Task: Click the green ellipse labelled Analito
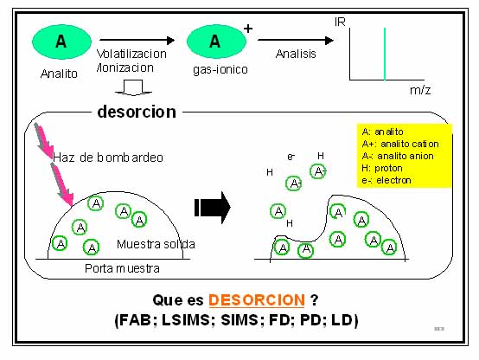(x=61, y=42)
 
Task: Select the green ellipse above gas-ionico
(x=216, y=42)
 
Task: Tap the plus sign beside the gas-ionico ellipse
(x=248, y=29)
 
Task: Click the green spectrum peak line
(x=385, y=54)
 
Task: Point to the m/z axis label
(x=420, y=90)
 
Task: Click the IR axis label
(x=340, y=22)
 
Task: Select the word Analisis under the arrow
(x=296, y=54)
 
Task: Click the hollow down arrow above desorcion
(x=133, y=87)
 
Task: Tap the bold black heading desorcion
(x=137, y=112)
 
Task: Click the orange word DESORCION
(x=257, y=300)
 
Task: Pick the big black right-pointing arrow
(x=213, y=208)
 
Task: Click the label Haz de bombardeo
(x=108, y=157)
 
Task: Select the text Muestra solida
(x=156, y=244)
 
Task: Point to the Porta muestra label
(x=122, y=268)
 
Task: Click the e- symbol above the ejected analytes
(x=291, y=157)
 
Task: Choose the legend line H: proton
(x=382, y=168)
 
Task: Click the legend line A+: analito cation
(x=400, y=144)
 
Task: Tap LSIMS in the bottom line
(x=186, y=320)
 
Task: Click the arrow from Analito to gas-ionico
(x=137, y=40)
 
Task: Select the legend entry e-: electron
(x=386, y=180)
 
